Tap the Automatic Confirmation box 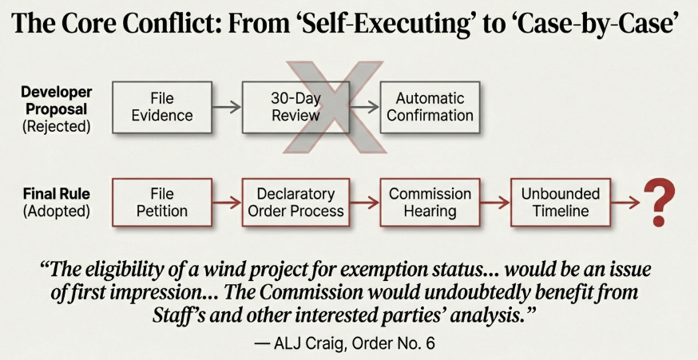[430, 107]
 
